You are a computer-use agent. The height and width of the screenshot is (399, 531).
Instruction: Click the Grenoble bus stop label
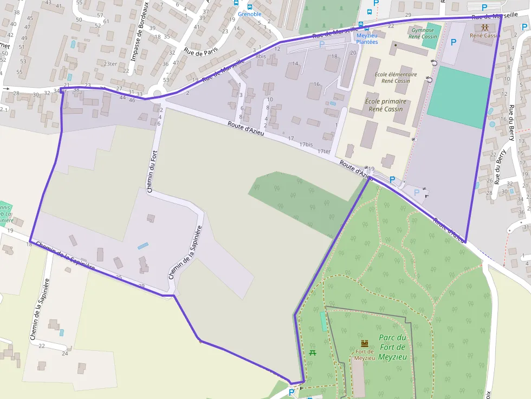(x=249, y=14)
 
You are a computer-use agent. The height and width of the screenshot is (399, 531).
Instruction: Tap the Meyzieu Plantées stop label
(x=367, y=38)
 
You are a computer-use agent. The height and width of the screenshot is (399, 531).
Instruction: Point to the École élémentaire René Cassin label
(x=395, y=77)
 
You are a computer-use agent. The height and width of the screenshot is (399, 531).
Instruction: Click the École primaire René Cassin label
(x=385, y=105)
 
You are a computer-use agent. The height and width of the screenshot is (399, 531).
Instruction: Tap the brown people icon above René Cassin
(x=485, y=27)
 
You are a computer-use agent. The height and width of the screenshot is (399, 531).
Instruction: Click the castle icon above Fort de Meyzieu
(x=365, y=343)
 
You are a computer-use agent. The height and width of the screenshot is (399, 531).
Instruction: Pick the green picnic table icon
(x=313, y=353)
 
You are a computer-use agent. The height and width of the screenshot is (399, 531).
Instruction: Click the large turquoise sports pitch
(x=458, y=97)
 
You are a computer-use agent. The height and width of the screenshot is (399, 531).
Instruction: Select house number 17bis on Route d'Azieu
(x=306, y=145)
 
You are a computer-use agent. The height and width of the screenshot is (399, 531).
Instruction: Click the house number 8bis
(x=261, y=56)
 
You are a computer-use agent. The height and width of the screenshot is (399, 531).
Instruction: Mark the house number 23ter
(x=110, y=64)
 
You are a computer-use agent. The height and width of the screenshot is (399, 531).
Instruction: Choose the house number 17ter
(x=324, y=152)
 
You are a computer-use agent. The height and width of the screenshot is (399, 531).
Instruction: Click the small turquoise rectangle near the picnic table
(x=323, y=321)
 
